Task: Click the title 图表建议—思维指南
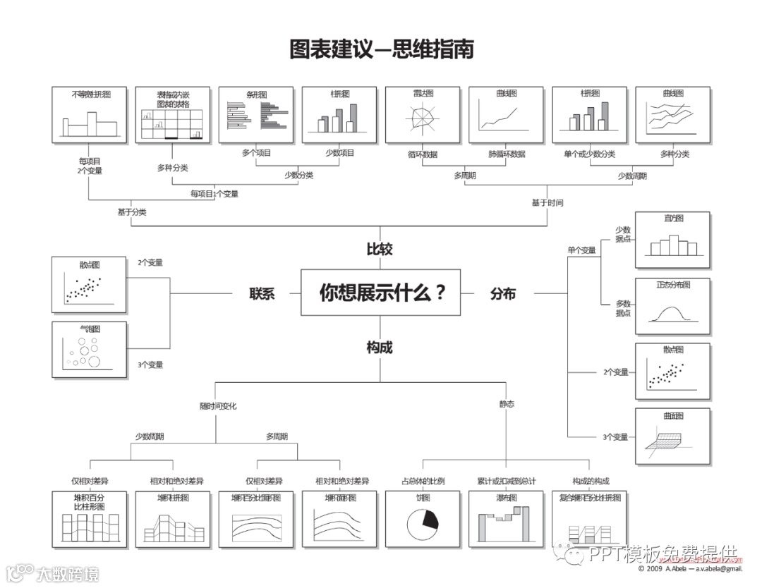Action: pyautogui.click(x=381, y=49)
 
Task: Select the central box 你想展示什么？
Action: pyautogui.click(x=381, y=292)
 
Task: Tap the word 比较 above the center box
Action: pyautogui.click(x=380, y=249)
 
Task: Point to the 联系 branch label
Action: pyautogui.click(x=261, y=294)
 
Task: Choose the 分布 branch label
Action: pyautogui.click(x=503, y=294)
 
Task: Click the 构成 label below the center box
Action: pyautogui.click(x=380, y=347)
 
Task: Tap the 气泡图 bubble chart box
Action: pyautogui.click(x=90, y=350)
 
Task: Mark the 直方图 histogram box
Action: pyautogui.click(x=673, y=240)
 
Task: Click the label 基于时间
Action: pyautogui.click(x=548, y=202)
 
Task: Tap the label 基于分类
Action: pyautogui.click(x=132, y=212)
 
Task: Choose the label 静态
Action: pyautogui.click(x=507, y=404)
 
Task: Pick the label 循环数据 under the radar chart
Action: pyautogui.click(x=423, y=154)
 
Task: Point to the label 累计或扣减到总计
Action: pyautogui.click(x=507, y=481)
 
